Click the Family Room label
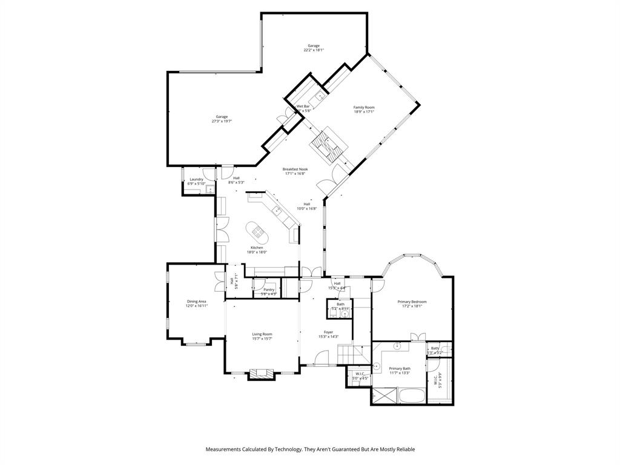click(x=364, y=107)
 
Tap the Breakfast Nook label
click(x=295, y=169)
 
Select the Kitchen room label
click(x=257, y=247)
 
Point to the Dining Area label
click(x=197, y=302)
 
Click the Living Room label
click(x=262, y=334)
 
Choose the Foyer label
click(x=328, y=332)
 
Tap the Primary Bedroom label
click(x=412, y=302)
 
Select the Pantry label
click(x=269, y=289)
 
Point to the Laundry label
click(x=196, y=179)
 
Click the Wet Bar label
click(x=303, y=106)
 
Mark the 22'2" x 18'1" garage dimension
click(x=314, y=50)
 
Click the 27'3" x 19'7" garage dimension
click(x=222, y=121)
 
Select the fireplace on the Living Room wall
click(x=262, y=374)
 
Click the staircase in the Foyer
click(x=348, y=354)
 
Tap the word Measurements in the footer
click(x=225, y=449)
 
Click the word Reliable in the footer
click(x=404, y=449)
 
